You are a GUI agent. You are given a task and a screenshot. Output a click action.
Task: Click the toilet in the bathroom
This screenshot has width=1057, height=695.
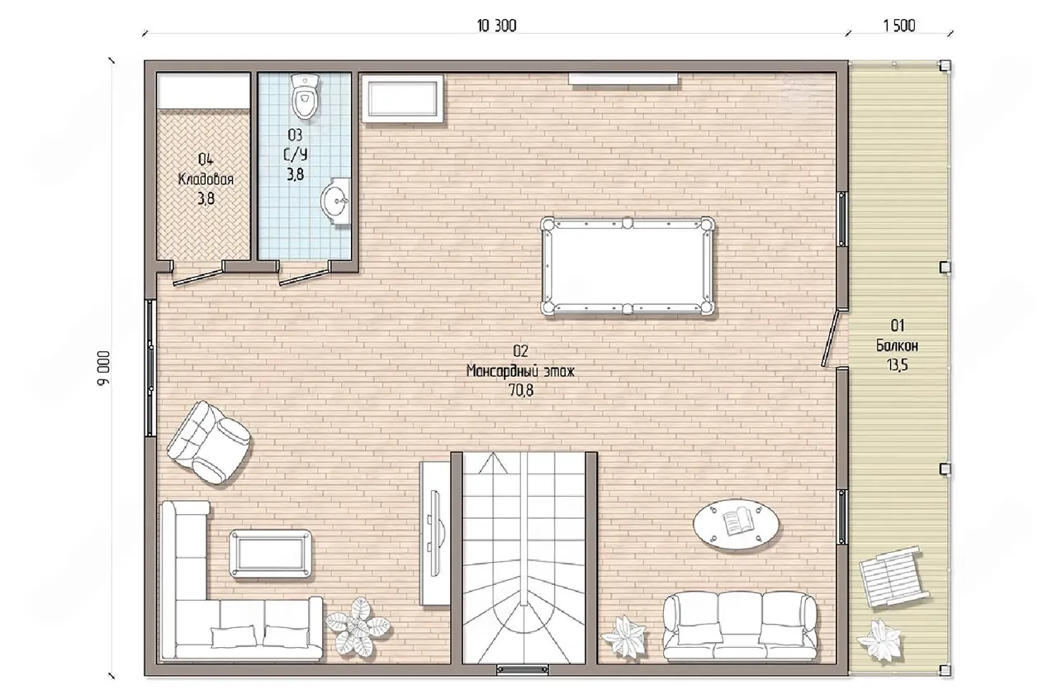[x=305, y=97]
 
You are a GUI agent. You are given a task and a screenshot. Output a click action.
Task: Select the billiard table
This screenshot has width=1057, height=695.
[x=627, y=266]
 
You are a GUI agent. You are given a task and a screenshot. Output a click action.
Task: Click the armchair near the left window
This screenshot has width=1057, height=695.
[x=209, y=442]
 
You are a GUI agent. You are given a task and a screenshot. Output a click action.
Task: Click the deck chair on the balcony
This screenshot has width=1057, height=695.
[x=893, y=577]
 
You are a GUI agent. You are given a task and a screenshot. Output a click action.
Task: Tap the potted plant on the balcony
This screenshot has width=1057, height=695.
[x=881, y=640]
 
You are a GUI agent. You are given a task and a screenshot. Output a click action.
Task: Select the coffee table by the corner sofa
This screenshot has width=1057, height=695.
[x=270, y=554]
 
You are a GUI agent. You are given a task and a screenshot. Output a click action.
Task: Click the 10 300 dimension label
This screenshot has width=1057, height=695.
[x=496, y=26]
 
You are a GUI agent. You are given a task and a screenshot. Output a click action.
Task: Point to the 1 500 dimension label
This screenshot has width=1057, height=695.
[x=899, y=26]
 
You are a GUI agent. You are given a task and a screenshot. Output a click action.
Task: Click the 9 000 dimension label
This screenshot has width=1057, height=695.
[x=104, y=369]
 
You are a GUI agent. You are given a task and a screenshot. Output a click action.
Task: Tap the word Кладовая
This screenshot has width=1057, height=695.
[x=206, y=179]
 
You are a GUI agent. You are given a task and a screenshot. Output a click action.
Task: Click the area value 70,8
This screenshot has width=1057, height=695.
[x=521, y=390]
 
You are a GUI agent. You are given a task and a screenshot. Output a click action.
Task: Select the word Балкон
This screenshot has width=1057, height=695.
[x=897, y=345]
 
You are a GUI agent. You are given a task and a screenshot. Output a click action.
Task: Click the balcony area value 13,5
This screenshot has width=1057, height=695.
[x=897, y=365]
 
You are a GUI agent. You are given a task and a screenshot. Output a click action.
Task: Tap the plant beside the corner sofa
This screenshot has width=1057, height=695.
[x=358, y=626]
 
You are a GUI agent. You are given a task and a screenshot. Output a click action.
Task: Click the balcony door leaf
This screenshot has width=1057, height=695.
[x=830, y=338]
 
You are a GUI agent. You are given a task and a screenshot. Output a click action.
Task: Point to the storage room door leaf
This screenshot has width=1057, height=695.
[x=198, y=277]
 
